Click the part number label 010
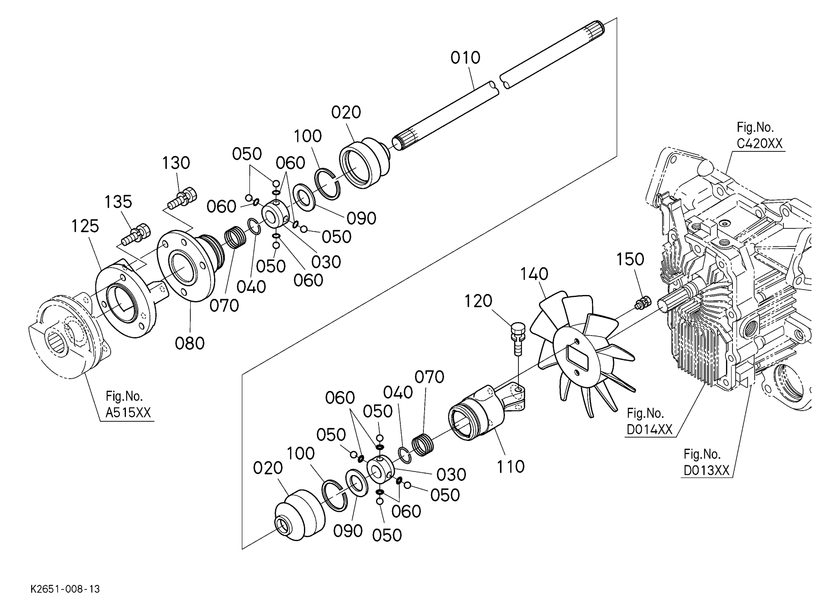(x=465, y=58)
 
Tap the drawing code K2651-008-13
(x=65, y=589)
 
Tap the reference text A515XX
(x=128, y=412)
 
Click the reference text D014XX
(x=649, y=429)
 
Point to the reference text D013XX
(x=706, y=470)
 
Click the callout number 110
(x=510, y=466)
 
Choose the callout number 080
(x=189, y=343)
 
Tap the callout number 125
(x=85, y=226)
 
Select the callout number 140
(x=534, y=274)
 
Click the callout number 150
(x=630, y=259)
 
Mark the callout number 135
(x=118, y=202)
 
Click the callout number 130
(x=176, y=163)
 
